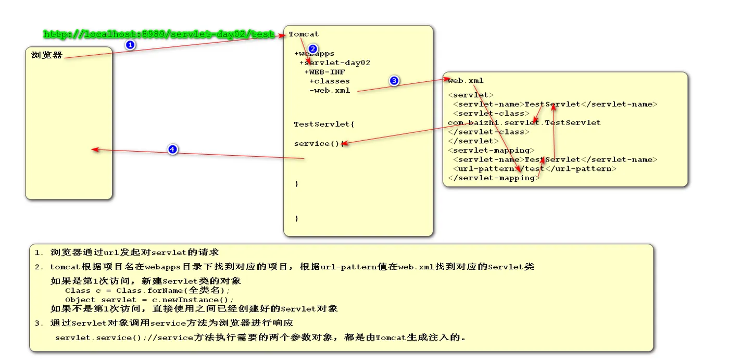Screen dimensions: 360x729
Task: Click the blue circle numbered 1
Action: click(x=131, y=45)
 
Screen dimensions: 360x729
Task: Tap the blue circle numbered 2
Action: click(x=313, y=48)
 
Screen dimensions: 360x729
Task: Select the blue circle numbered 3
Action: click(x=394, y=81)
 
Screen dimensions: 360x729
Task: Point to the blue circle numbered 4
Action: click(x=173, y=150)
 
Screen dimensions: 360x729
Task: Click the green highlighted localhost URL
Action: click(x=159, y=34)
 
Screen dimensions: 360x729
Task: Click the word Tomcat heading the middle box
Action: click(x=304, y=34)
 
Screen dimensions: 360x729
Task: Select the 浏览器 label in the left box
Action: click(x=47, y=55)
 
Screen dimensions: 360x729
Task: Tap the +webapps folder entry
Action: click(x=315, y=54)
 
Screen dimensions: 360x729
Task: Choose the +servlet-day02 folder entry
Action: click(x=335, y=63)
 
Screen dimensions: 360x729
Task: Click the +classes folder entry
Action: click(x=330, y=81)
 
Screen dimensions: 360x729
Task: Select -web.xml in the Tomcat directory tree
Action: click(x=330, y=90)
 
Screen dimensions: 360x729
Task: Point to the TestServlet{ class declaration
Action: click(x=324, y=125)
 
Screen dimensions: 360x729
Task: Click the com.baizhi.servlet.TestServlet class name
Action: click(x=524, y=123)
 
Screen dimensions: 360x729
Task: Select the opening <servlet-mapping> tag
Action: click(x=491, y=151)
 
